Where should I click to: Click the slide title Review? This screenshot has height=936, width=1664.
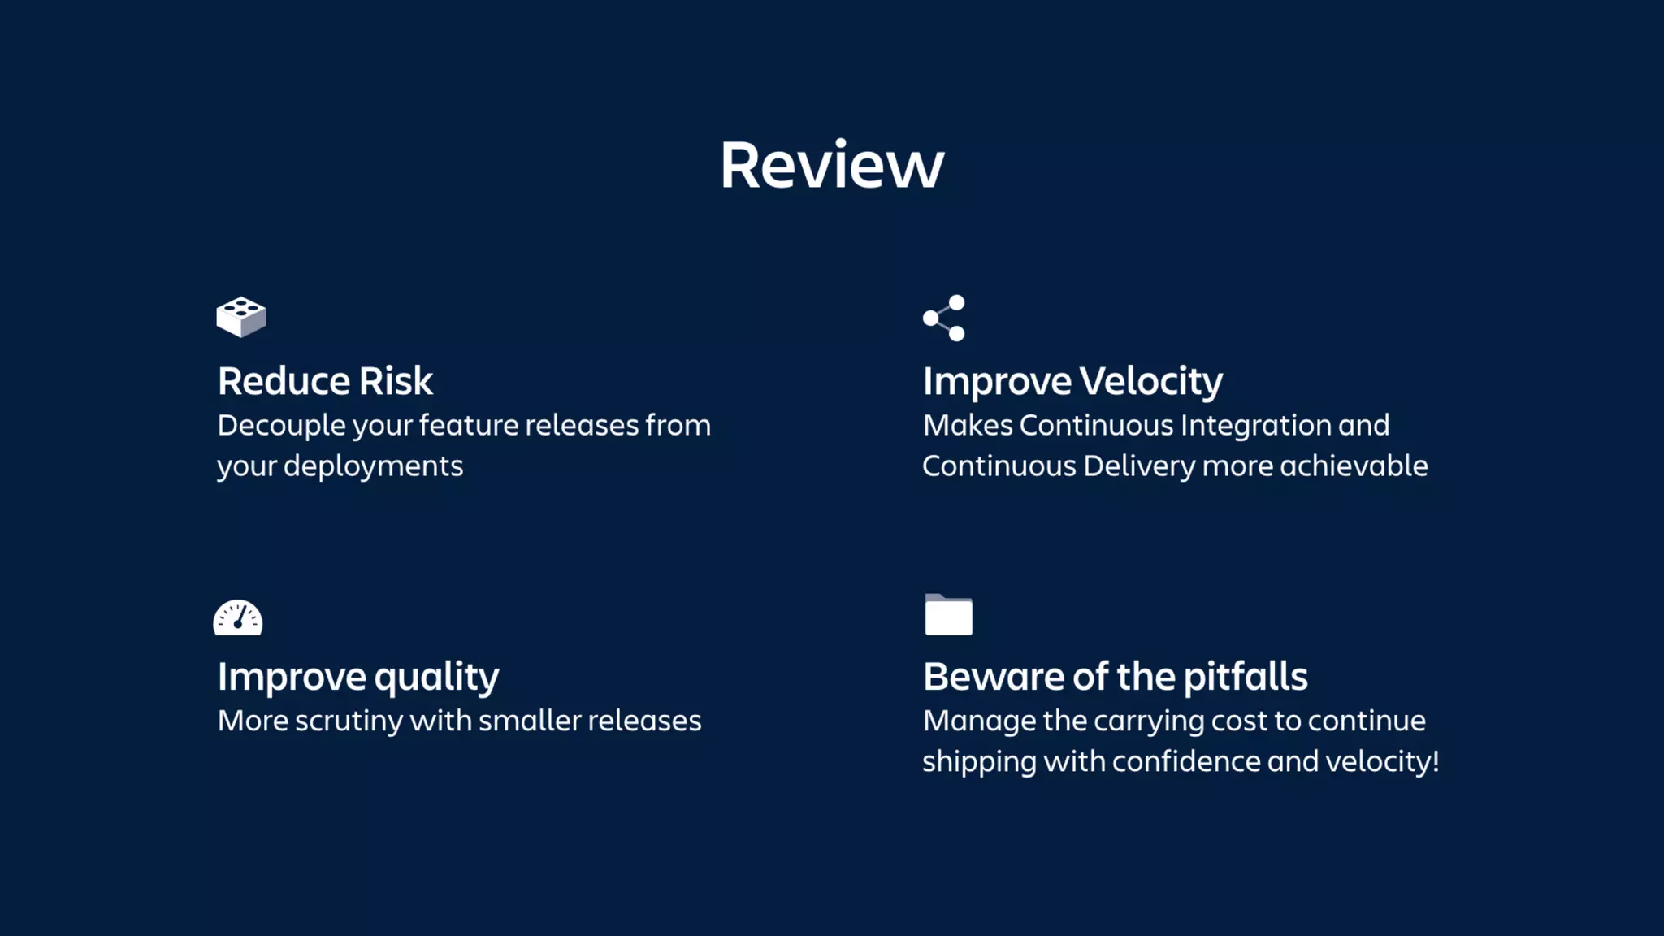[x=831, y=166]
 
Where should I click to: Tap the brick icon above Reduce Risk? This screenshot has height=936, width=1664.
[x=241, y=317]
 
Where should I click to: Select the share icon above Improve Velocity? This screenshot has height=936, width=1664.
[x=944, y=318]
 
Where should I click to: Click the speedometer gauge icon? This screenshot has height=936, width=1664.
[x=238, y=617]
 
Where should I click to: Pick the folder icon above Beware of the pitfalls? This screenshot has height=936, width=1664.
[x=948, y=615]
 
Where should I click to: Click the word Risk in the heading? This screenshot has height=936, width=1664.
[x=396, y=381]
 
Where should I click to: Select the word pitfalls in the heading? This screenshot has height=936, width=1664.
[x=1245, y=677]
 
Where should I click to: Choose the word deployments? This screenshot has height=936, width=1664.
[x=373, y=466]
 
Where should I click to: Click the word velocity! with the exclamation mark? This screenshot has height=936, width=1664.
[x=1382, y=761]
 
